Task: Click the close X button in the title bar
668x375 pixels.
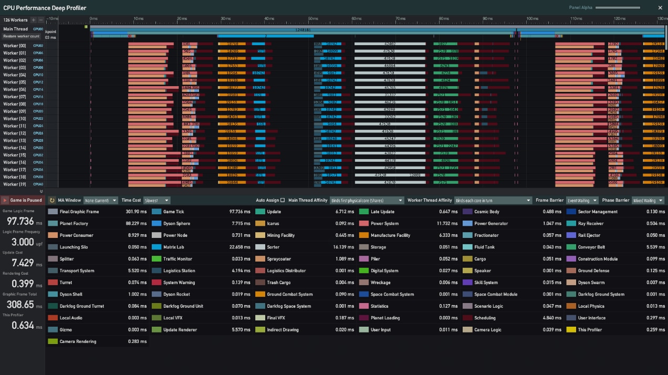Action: (x=660, y=8)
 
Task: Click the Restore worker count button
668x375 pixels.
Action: (x=22, y=36)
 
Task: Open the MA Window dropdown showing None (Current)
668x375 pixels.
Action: (x=100, y=200)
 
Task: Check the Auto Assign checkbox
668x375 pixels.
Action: (x=283, y=200)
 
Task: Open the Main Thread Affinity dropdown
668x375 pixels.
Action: (x=367, y=200)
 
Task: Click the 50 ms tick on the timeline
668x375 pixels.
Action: (x=313, y=19)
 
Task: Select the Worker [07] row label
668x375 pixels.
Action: (x=15, y=97)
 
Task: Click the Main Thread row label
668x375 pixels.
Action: (x=16, y=29)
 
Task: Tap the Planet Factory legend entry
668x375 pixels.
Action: (x=74, y=224)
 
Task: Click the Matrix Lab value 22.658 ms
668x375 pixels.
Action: (x=239, y=247)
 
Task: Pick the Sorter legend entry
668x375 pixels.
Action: (x=273, y=247)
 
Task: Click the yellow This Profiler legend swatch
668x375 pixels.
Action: (x=571, y=330)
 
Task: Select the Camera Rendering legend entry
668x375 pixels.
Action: (x=78, y=342)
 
